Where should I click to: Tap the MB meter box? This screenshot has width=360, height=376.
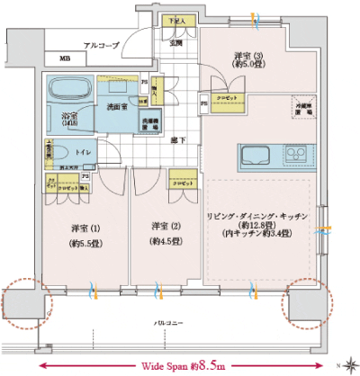click(x=64, y=59)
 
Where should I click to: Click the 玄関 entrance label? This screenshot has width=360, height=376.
click(x=176, y=41)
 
